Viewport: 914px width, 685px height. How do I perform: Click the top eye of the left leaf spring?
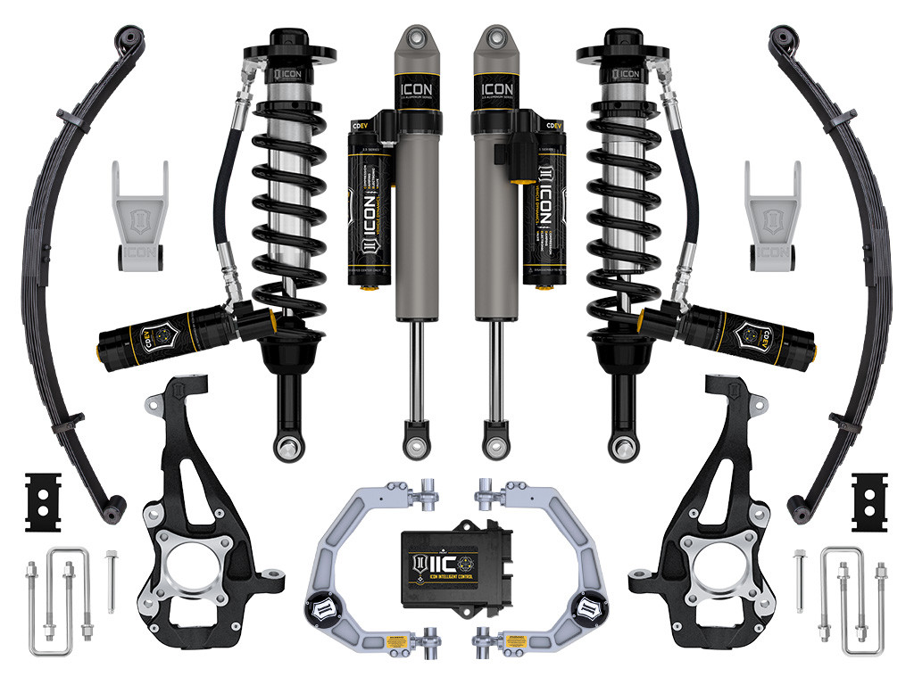point(129,37)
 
